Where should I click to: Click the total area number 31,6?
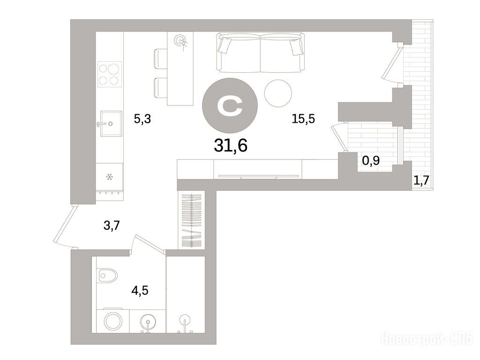click(231, 145)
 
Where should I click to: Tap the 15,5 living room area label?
click(303, 119)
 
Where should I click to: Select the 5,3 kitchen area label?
click(142, 119)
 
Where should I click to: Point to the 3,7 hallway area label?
click(112, 226)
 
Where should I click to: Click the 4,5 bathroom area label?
click(140, 290)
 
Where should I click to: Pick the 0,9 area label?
click(371, 160)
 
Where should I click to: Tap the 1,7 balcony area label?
click(422, 181)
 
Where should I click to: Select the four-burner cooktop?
click(110, 74)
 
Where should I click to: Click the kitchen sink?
click(111, 123)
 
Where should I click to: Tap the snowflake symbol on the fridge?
click(109, 177)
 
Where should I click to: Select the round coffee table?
click(278, 93)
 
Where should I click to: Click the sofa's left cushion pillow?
click(224, 45)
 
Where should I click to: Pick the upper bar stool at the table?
click(161, 59)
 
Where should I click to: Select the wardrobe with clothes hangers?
click(191, 220)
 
